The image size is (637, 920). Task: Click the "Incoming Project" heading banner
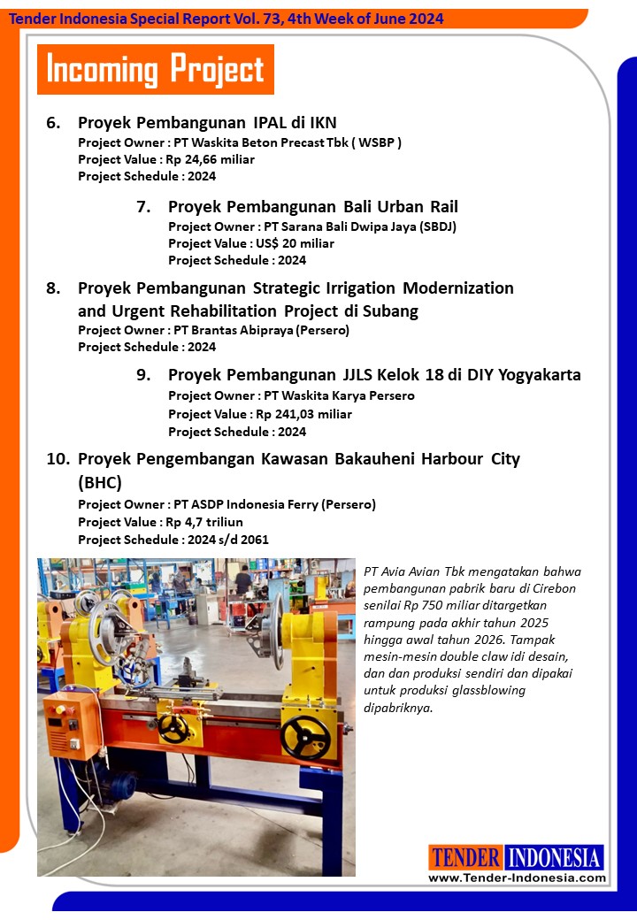156,69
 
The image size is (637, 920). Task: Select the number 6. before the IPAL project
53,123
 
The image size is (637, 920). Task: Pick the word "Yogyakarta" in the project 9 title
540,375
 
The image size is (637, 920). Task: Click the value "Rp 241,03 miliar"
304,414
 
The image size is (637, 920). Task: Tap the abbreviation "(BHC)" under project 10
100,483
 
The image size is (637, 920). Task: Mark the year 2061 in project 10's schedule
254,540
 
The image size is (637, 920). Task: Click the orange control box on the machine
72,724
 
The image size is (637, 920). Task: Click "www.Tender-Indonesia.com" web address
517,878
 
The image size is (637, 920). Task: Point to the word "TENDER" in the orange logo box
465,857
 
